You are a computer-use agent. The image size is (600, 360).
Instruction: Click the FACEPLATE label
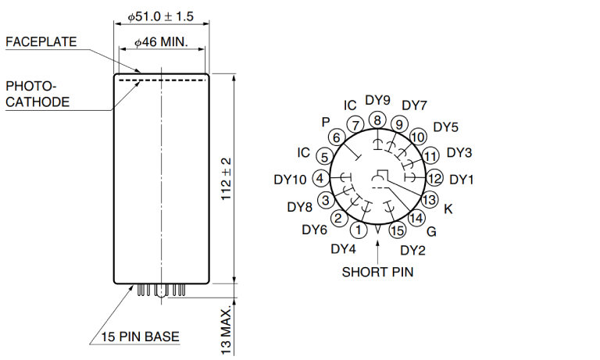41,41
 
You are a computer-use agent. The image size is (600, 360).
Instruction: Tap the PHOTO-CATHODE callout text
37,94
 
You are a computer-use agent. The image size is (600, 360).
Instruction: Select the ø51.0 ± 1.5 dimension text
161,16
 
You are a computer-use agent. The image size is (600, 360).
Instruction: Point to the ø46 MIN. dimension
161,42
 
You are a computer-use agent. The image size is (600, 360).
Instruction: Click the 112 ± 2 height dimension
226,179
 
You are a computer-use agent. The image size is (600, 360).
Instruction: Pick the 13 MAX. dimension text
226,330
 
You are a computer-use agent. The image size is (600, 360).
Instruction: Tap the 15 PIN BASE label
140,337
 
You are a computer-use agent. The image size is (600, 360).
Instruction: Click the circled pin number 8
377,120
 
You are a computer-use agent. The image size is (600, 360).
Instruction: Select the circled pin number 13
429,199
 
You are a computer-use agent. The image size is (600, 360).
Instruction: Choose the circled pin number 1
358,230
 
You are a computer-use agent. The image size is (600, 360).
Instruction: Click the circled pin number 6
337,137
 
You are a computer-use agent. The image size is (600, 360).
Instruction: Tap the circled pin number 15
398,230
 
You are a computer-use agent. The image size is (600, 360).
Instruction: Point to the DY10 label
290,180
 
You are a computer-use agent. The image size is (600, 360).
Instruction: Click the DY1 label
462,180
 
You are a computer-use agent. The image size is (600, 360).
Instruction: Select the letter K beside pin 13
448,209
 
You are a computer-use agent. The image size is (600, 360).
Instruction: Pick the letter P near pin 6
326,122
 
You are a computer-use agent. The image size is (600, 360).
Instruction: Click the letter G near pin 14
431,231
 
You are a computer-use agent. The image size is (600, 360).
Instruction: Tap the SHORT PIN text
377,272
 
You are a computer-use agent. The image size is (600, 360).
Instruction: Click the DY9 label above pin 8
377,100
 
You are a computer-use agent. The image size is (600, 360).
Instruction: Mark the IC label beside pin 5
303,152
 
